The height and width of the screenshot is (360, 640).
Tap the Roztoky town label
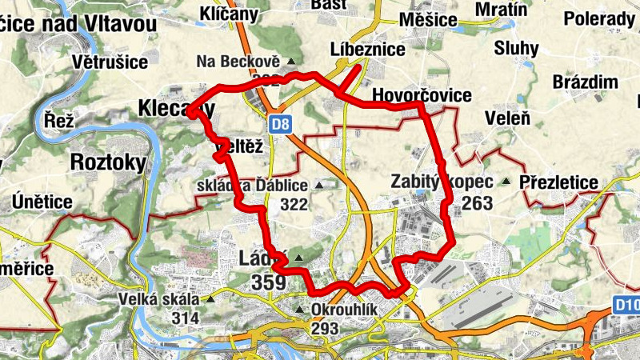(x=109, y=163)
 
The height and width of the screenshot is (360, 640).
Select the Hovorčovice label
(x=422, y=96)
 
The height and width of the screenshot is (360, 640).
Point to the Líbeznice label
(x=369, y=50)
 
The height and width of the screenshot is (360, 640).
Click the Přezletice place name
(x=558, y=183)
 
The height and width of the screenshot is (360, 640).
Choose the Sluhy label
(x=516, y=48)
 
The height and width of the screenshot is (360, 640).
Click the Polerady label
(x=598, y=18)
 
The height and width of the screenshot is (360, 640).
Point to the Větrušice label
(x=110, y=61)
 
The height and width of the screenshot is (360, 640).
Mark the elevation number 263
(x=477, y=203)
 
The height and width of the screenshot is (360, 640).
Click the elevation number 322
(x=294, y=205)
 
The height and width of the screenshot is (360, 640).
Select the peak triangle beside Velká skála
(x=210, y=299)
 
